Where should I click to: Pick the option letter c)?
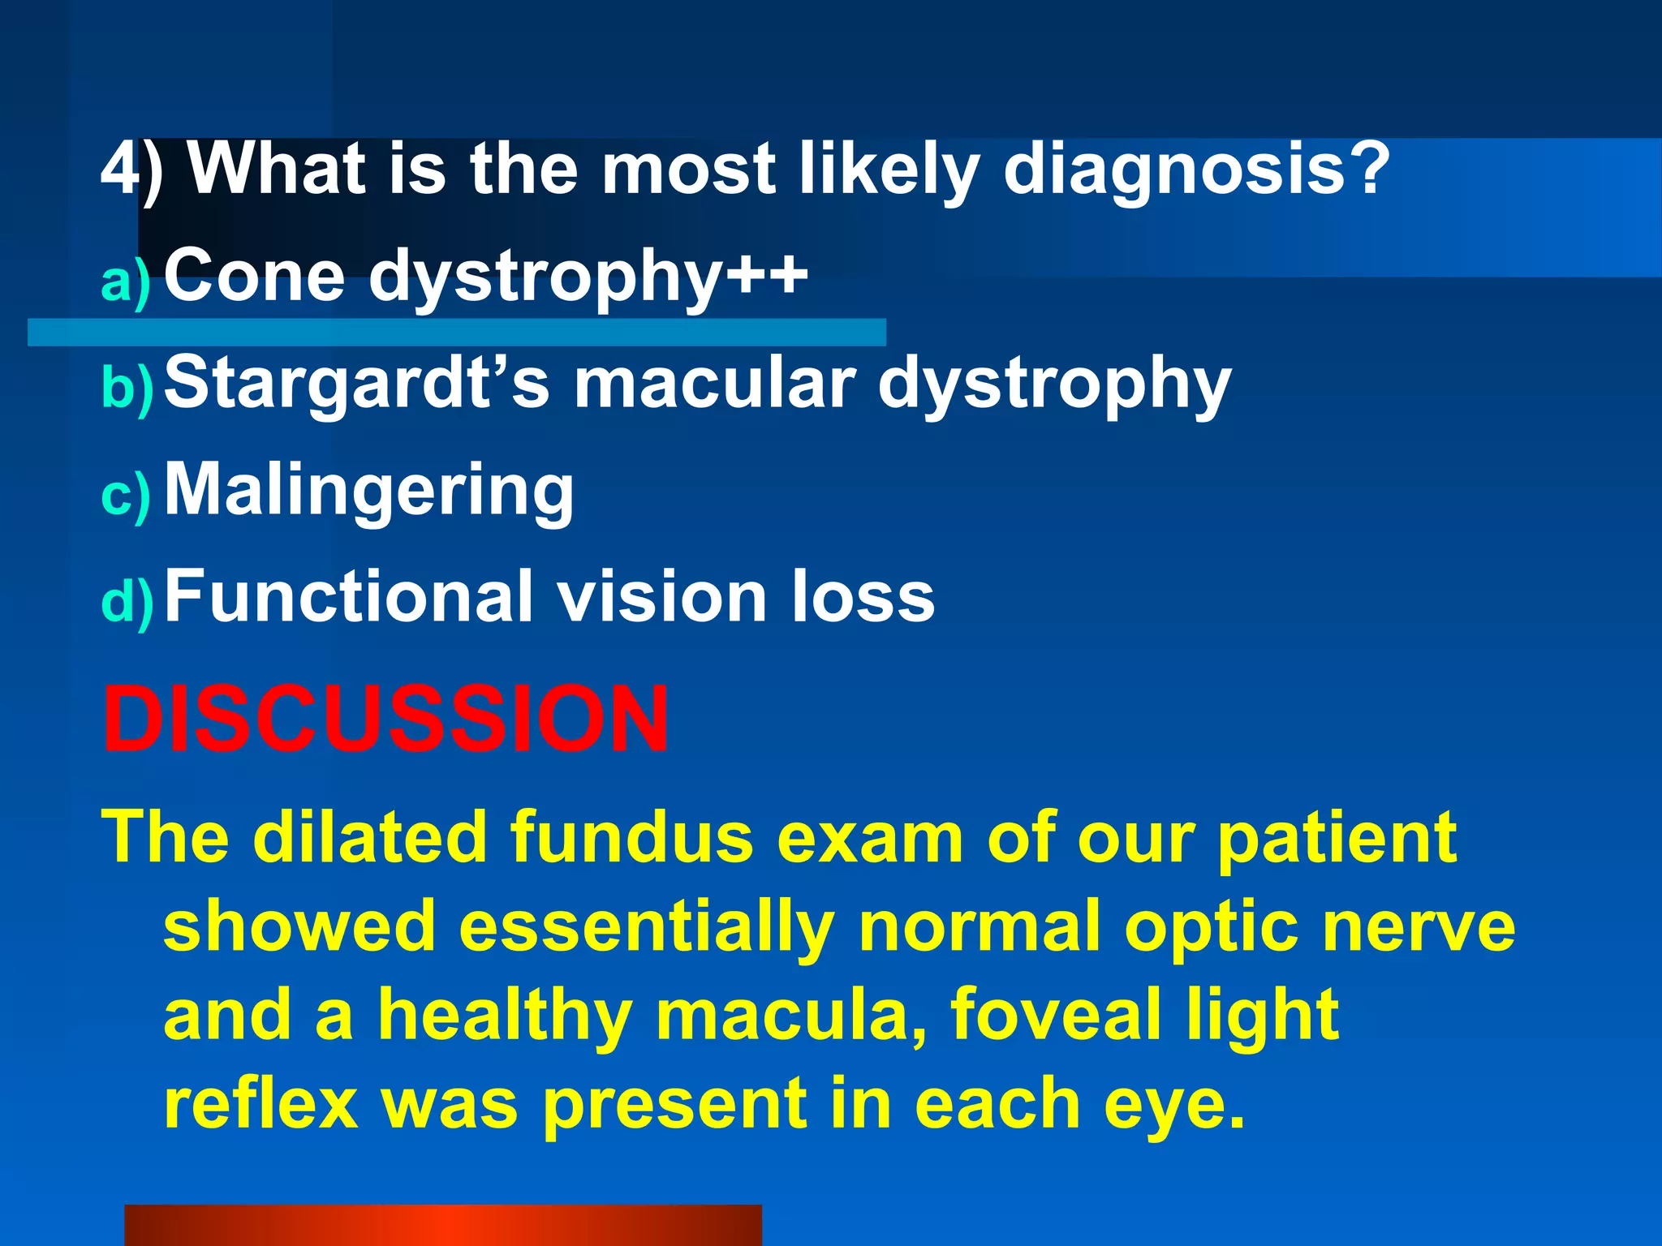126,496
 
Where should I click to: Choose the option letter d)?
127,602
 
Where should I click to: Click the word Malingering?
369,490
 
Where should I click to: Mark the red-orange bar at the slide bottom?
442,1225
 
